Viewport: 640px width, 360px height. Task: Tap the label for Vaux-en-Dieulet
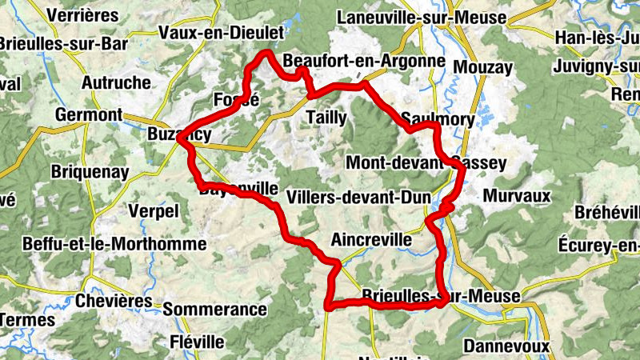pos(222,33)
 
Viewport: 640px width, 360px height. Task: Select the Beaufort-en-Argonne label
pos(364,61)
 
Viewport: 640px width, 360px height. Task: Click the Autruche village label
pos(116,82)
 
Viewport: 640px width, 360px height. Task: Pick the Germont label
pos(88,114)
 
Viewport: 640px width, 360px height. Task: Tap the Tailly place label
pos(326,118)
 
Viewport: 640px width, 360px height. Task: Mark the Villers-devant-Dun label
pos(358,197)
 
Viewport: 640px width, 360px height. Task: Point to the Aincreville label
pos(371,239)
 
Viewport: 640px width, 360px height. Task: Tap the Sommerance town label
pos(214,309)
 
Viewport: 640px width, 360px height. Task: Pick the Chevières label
pos(114,301)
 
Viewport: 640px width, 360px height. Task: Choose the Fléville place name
pos(198,342)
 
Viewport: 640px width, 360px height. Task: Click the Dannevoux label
pos(506,346)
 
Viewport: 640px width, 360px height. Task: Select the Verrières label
pos(82,15)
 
